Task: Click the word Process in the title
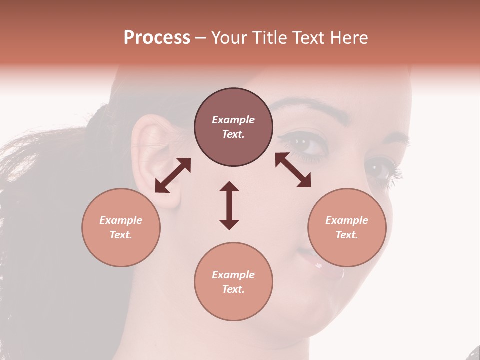coord(157,38)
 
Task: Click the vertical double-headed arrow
coord(229,205)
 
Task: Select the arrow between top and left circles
coord(173,175)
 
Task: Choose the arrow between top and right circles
coord(293,170)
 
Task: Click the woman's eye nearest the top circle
coord(307,145)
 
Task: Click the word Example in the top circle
coord(233,120)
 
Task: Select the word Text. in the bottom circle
coord(233,289)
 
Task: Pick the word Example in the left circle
coord(121,220)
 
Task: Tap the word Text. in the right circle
coord(347,235)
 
